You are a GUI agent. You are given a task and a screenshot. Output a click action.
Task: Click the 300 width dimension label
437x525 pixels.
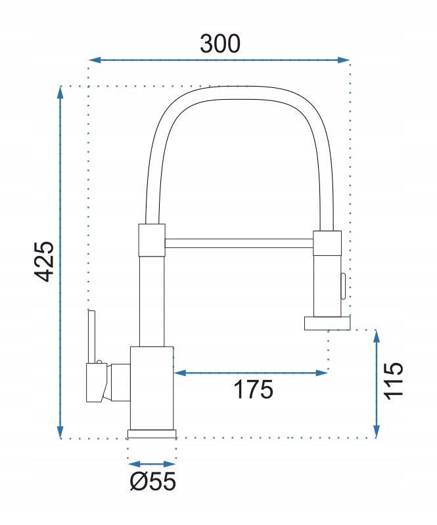220,43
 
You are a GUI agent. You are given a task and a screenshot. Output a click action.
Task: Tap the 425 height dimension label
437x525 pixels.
44,261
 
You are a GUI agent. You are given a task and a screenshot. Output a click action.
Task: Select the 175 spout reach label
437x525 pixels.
253,389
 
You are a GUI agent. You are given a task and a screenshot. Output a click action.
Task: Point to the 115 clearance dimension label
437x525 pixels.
393,381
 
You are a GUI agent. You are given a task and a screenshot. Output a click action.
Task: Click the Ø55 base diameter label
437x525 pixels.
153,481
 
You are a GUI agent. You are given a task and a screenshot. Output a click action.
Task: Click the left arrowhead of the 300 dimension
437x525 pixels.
95,60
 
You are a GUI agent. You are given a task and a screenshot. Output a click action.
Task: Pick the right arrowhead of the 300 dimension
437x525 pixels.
344,60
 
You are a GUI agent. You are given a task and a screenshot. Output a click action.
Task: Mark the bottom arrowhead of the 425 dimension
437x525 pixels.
60,431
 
